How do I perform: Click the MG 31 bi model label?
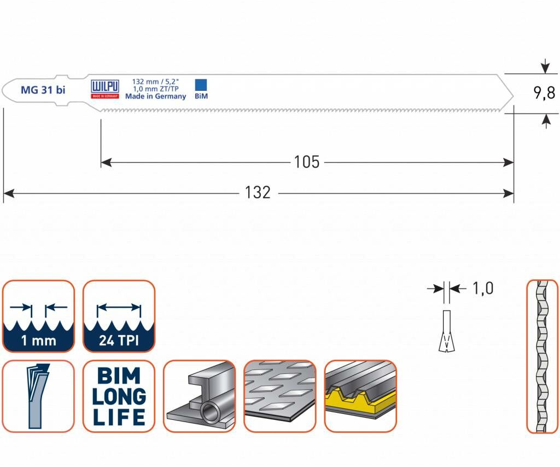click(43, 90)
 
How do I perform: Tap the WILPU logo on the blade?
click(104, 87)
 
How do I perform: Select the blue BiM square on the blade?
click(201, 84)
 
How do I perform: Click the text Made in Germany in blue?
click(155, 96)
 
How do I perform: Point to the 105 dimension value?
click(306, 162)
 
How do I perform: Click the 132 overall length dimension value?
click(258, 193)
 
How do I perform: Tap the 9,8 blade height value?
click(544, 93)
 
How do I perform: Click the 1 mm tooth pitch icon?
click(38, 316)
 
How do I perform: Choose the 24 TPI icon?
click(119, 316)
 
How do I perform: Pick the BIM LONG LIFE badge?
click(119, 396)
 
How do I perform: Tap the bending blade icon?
click(38, 396)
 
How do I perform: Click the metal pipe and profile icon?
click(199, 396)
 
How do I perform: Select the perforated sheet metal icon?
click(279, 396)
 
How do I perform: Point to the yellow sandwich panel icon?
click(360, 396)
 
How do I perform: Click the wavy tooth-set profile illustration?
click(542, 356)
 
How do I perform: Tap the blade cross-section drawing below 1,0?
click(447, 331)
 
